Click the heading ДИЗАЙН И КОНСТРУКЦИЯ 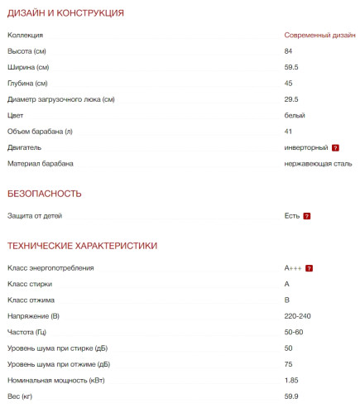tap(65, 13)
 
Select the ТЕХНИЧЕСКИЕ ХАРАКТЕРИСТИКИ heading tap(82, 246)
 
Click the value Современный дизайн tap(319, 36)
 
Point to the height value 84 tap(288, 51)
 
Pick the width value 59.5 tap(290, 67)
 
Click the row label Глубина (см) tap(28, 84)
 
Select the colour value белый tap(295, 115)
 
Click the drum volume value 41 tap(288, 132)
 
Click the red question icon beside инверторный tap(335, 147)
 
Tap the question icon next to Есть tap(306, 216)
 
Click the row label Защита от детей tap(35, 216)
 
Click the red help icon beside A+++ tap(309, 268)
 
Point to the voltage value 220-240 tap(297, 316)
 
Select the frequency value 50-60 tap(294, 332)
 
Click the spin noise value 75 tap(288, 363)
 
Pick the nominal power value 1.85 tap(291, 380)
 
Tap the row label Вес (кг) tap(21, 396)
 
